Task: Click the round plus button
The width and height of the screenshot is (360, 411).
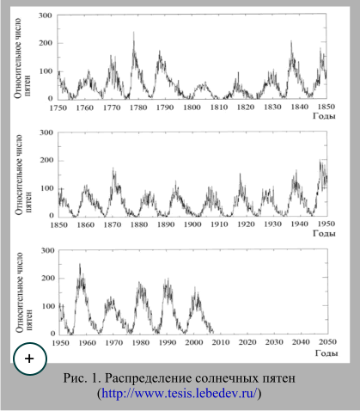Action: [x=30, y=359]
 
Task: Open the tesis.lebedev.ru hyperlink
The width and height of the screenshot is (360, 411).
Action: [x=180, y=393]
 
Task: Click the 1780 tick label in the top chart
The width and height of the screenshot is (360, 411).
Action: [x=138, y=107]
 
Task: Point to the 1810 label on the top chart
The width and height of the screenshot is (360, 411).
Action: [x=219, y=107]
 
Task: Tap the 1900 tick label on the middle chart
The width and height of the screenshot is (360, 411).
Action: [x=192, y=224]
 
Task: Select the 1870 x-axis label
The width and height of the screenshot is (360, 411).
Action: [x=113, y=224]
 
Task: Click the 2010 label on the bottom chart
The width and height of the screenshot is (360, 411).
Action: [x=221, y=342]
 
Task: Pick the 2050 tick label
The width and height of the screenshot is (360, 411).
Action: [x=327, y=342]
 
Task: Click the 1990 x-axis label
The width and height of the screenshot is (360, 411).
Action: [x=168, y=342]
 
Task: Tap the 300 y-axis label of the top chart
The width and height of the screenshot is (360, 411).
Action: [x=46, y=15]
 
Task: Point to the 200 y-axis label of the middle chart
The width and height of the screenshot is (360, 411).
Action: [x=46, y=160]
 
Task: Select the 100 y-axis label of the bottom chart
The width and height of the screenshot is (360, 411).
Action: [x=48, y=306]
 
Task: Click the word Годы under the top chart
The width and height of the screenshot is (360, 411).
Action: [x=324, y=116]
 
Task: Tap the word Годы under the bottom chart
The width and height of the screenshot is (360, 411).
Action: [x=326, y=353]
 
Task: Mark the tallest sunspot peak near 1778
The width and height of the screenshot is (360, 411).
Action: [x=133, y=32]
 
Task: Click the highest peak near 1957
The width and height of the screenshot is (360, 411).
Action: [x=80, y=264]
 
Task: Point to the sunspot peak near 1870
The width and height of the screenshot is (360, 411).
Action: [x=113, y=168]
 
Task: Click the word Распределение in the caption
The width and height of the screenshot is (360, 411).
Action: [x=148, y=378]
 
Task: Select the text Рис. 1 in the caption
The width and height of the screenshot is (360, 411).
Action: [x=82, y=378]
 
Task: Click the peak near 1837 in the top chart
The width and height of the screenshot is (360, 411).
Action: [x=291, y=41]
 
